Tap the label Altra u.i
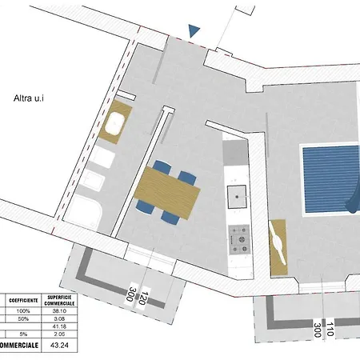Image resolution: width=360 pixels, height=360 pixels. (32, 99)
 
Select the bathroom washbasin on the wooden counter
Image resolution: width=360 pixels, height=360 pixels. (114, 124)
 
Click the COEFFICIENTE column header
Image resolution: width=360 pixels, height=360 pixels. (22, 299)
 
